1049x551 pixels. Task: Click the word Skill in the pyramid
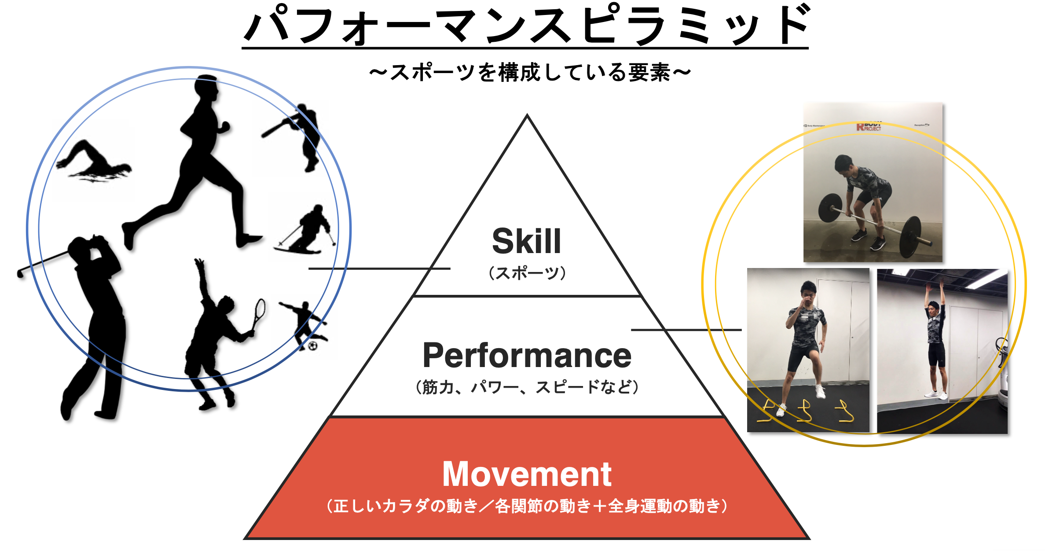click(526, 241)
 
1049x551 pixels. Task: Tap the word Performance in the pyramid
click(527, 355)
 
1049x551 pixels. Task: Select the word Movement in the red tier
click(527, 474)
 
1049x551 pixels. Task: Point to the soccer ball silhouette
click(313, 346)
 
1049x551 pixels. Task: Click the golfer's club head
click(20, 273)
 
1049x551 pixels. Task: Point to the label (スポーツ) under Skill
click(527, 273)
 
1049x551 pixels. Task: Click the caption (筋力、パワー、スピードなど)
click(527, 387)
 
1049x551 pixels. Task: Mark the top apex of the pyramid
click(527, 115)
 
